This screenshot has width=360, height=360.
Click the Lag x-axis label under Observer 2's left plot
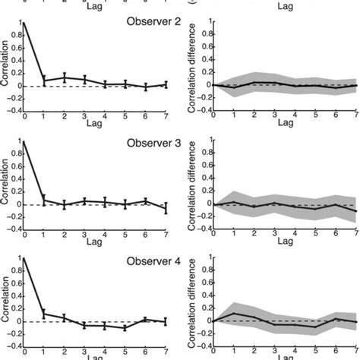[94, 124]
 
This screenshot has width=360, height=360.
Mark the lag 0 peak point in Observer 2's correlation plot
[24, 24]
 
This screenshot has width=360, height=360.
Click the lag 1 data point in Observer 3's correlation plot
[44, 200]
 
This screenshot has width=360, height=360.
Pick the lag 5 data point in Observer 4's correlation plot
[124, 328]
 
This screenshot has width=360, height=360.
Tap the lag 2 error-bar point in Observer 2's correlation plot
[65, 77]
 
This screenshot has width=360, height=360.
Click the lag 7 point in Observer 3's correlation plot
[165, 208]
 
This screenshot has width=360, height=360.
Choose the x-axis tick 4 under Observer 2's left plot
[104, 115]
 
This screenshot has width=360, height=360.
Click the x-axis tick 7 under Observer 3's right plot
[355, 234]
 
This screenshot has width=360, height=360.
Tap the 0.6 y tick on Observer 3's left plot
[16, 166]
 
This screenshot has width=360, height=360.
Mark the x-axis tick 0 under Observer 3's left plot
[24, 234]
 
